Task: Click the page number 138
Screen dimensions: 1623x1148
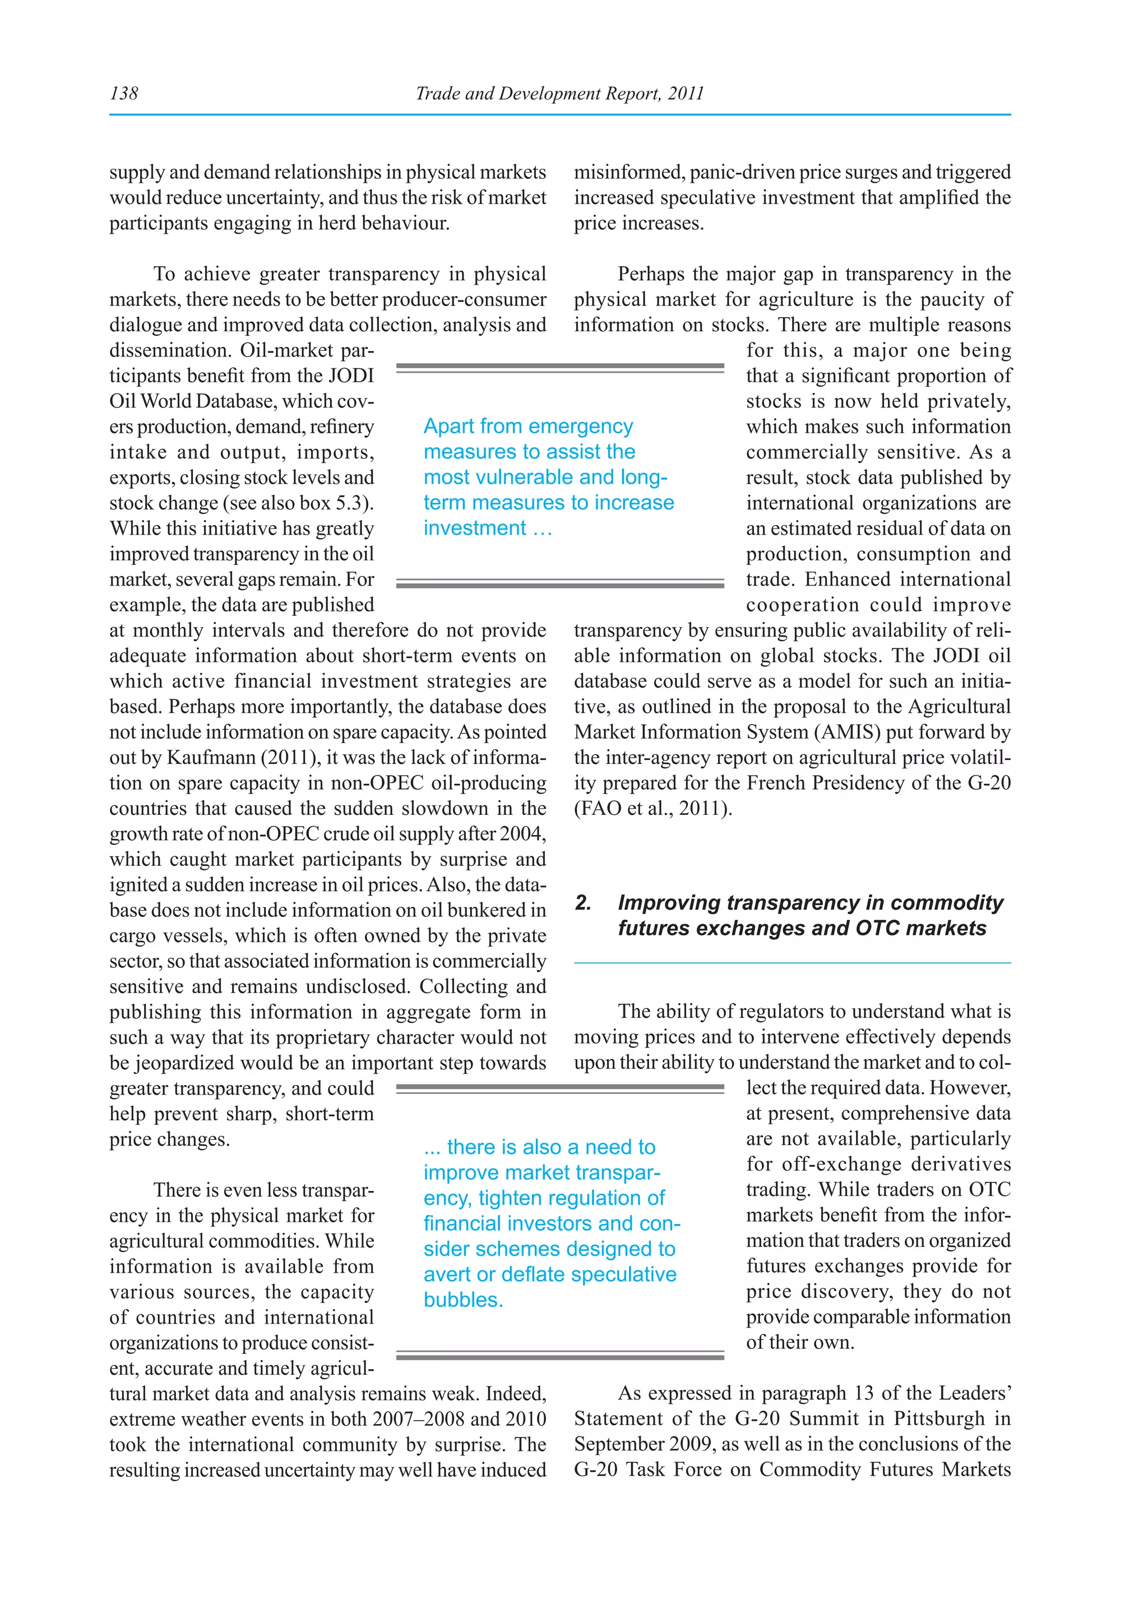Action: (x=124, y=93)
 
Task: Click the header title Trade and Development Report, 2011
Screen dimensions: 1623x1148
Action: (x=559, y=93)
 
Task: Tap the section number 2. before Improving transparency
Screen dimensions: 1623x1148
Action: (x=582, y=903)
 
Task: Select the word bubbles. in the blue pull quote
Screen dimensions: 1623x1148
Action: (x=463, y=1300)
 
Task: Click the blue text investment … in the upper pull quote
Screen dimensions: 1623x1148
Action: (x=488, y=528)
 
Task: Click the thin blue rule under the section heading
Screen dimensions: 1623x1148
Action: (x=791, y=963)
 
